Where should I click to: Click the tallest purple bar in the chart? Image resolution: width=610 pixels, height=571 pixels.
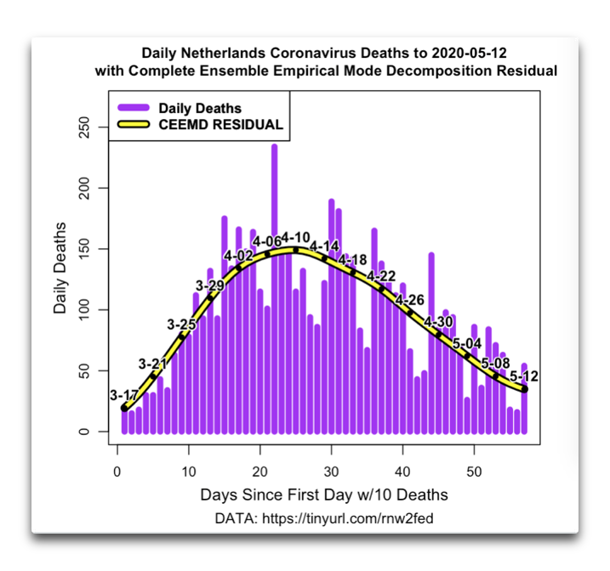[x=274, y=289]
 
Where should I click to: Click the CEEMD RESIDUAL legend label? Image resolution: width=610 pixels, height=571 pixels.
[x=220, y=125]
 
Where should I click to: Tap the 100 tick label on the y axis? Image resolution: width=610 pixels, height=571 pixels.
[x=84, y=309]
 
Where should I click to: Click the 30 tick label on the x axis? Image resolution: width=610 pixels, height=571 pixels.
[x=332, y=472]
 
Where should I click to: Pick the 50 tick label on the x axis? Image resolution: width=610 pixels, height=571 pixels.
[x=474, y=472]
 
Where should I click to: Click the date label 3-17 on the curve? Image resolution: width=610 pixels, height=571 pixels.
[x=123, y=395]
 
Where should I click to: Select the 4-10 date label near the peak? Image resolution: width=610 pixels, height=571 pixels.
[x=296, y=237]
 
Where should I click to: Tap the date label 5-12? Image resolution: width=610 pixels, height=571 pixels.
[x=524, y=376]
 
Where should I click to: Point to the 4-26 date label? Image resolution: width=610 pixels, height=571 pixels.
[x=410, y=300]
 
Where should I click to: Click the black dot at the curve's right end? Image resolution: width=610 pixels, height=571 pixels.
[x=524, y=389]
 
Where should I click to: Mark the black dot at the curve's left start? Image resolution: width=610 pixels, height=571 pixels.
[x=124, y=408]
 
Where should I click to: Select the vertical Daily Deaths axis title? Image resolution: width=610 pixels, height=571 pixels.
[x=60, y=268]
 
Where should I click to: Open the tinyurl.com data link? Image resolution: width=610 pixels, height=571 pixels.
[x=348, y=518]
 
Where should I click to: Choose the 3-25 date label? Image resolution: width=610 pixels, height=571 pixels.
[x=182, y=325]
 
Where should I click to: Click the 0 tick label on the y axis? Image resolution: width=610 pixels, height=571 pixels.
[x=84, y=432]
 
